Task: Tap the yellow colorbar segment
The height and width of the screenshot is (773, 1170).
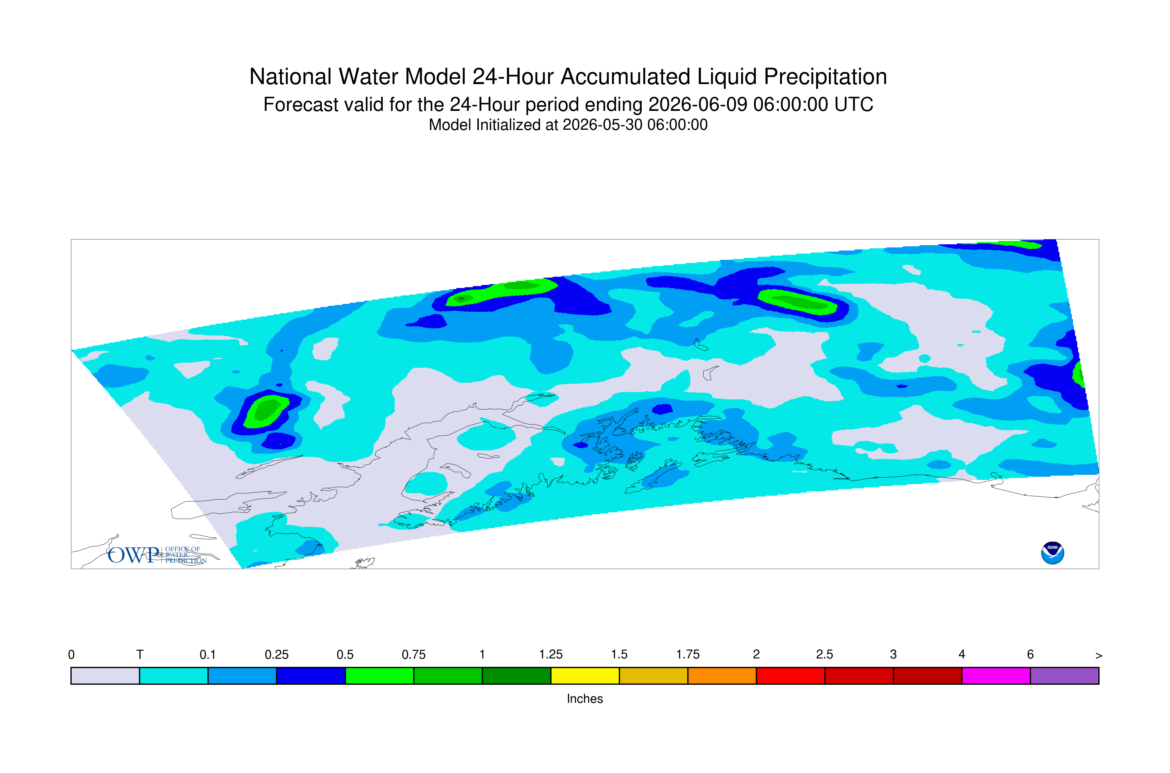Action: coord(585,676)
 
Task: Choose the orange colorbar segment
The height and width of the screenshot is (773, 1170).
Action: coord(722,676)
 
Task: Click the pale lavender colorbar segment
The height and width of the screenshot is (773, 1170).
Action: coord(105,676)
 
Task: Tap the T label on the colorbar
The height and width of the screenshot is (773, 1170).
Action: coord(140,655)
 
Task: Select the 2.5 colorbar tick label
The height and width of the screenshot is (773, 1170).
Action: coord(825,655)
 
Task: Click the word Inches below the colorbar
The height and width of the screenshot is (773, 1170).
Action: coord(585,699)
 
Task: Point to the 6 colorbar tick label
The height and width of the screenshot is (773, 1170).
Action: coord(1030,655)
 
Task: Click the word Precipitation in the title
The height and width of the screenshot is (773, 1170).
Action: coord(825,77)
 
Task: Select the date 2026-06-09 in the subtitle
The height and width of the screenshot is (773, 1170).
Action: coord(697,104)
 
